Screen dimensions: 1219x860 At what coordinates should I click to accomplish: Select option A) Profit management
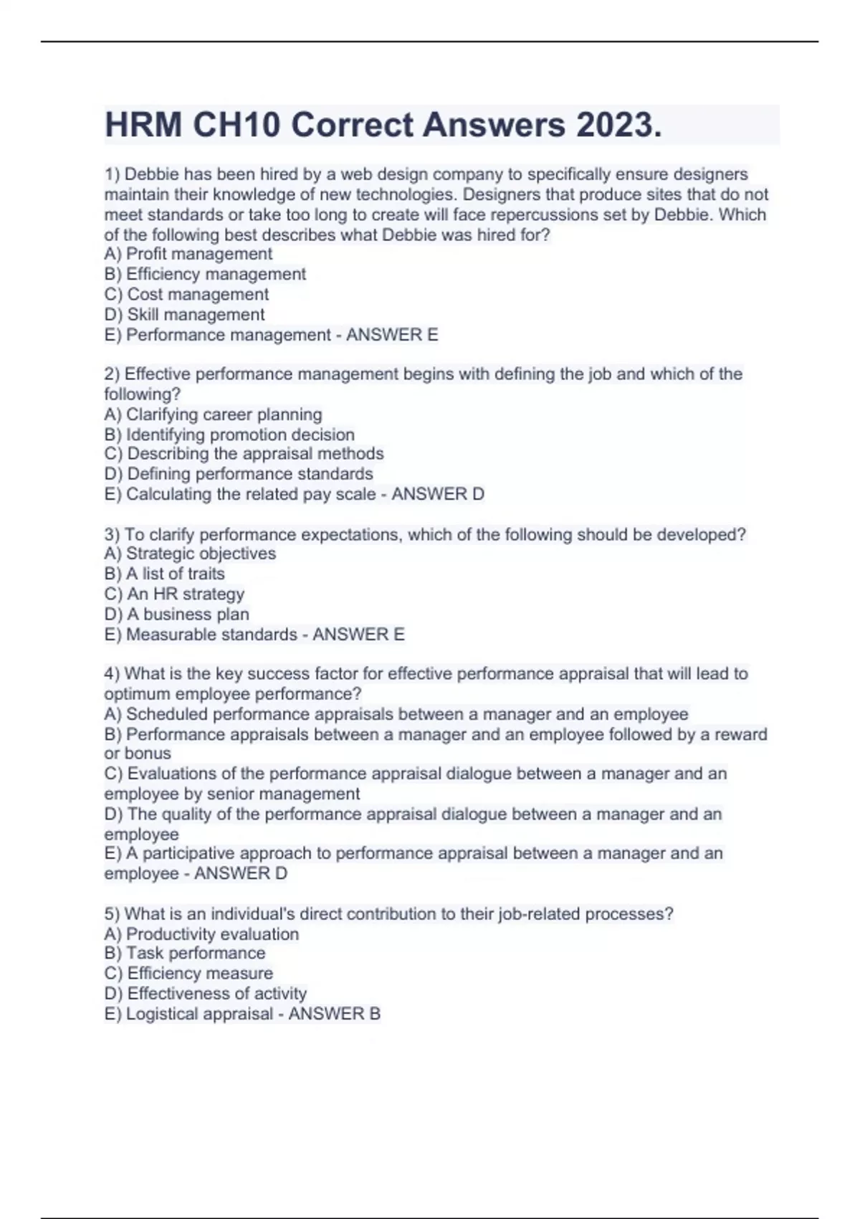click(188, 254)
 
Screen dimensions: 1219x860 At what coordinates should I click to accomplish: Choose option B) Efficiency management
click(205, 274)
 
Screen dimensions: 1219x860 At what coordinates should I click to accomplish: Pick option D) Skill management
click(184, 314)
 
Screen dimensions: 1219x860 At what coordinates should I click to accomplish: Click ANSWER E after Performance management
click(392, 335)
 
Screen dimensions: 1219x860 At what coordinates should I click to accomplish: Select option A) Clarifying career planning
click(213, 414)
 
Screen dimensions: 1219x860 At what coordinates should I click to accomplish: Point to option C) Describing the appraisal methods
click(244, 454)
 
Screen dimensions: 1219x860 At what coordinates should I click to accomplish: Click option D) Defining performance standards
click(239, 474)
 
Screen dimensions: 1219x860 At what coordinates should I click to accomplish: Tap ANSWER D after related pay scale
click(438, 494)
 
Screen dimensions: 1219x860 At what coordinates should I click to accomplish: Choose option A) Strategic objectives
click(190, 554)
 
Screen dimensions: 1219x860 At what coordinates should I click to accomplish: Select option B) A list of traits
click(164, 574)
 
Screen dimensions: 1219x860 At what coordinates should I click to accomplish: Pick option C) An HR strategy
click(174, 594)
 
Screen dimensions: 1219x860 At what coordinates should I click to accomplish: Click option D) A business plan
click(176, 614)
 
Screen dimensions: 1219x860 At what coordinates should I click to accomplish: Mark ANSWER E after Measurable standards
click(358, 635)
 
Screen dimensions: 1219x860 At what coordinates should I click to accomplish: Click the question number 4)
click(112, 674)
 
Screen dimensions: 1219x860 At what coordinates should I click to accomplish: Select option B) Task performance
click(184, 953)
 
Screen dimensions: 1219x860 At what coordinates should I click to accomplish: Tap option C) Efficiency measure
click(188, 973)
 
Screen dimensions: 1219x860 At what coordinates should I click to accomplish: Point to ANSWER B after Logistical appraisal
click(334, 1014)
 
